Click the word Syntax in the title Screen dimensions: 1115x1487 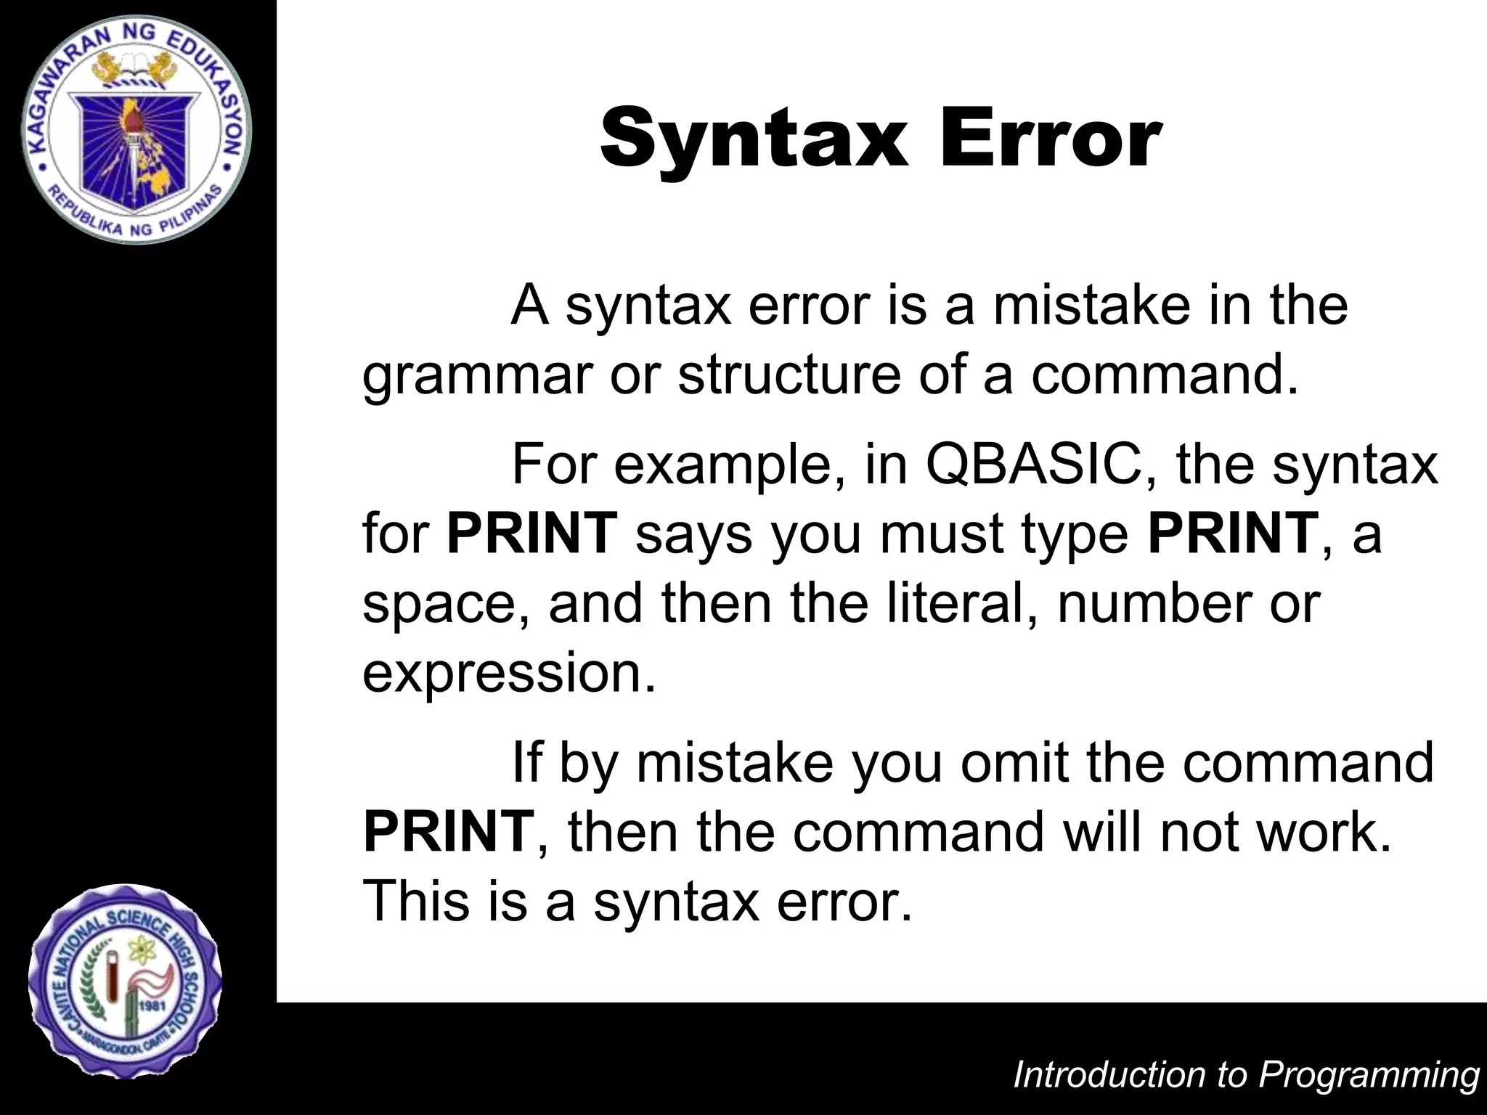pos(754,138)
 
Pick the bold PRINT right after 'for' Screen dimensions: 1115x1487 pos(531,533)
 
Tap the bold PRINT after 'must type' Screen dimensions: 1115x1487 pos(1233,533)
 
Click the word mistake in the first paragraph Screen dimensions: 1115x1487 pos(1092,306)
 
